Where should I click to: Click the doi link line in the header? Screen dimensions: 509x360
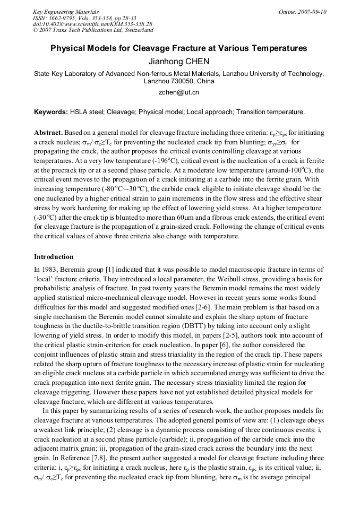click(x=92, y=24)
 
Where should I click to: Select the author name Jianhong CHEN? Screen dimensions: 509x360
click(x=179, y=62)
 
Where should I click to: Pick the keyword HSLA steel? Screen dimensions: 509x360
click(x=87, y=113)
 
